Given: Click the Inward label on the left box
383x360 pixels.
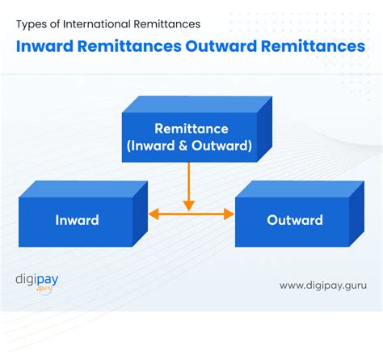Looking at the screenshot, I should tap(77, 220).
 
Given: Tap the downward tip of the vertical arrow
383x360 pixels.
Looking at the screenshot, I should tap(188, 208).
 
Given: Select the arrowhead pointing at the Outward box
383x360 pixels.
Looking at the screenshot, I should tap(229, 214).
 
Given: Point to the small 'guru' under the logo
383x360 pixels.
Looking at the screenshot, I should tap(43, 290).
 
